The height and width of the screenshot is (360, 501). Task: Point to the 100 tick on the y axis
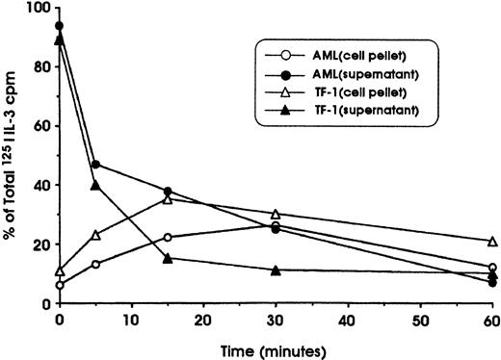pos(40,8)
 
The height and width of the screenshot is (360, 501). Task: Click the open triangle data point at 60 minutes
pos(492,242)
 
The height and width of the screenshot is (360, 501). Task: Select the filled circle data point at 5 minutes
pos(95,165)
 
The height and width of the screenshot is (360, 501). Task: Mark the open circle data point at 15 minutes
pos(168,237)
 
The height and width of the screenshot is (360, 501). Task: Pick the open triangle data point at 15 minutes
pos(168,199)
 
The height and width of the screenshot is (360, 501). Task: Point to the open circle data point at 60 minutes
pos(492,268)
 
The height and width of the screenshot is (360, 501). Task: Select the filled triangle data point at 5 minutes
pos(95,185)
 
